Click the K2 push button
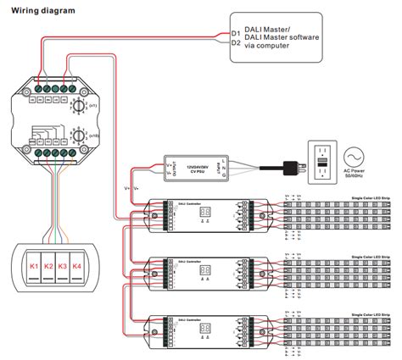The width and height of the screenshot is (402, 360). tap(50, 267)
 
